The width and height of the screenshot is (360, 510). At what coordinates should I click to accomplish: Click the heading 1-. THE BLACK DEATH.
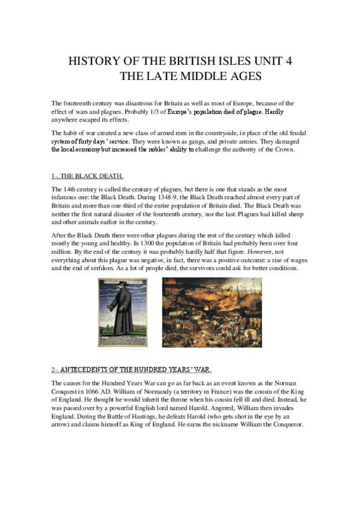coord(88,176)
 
